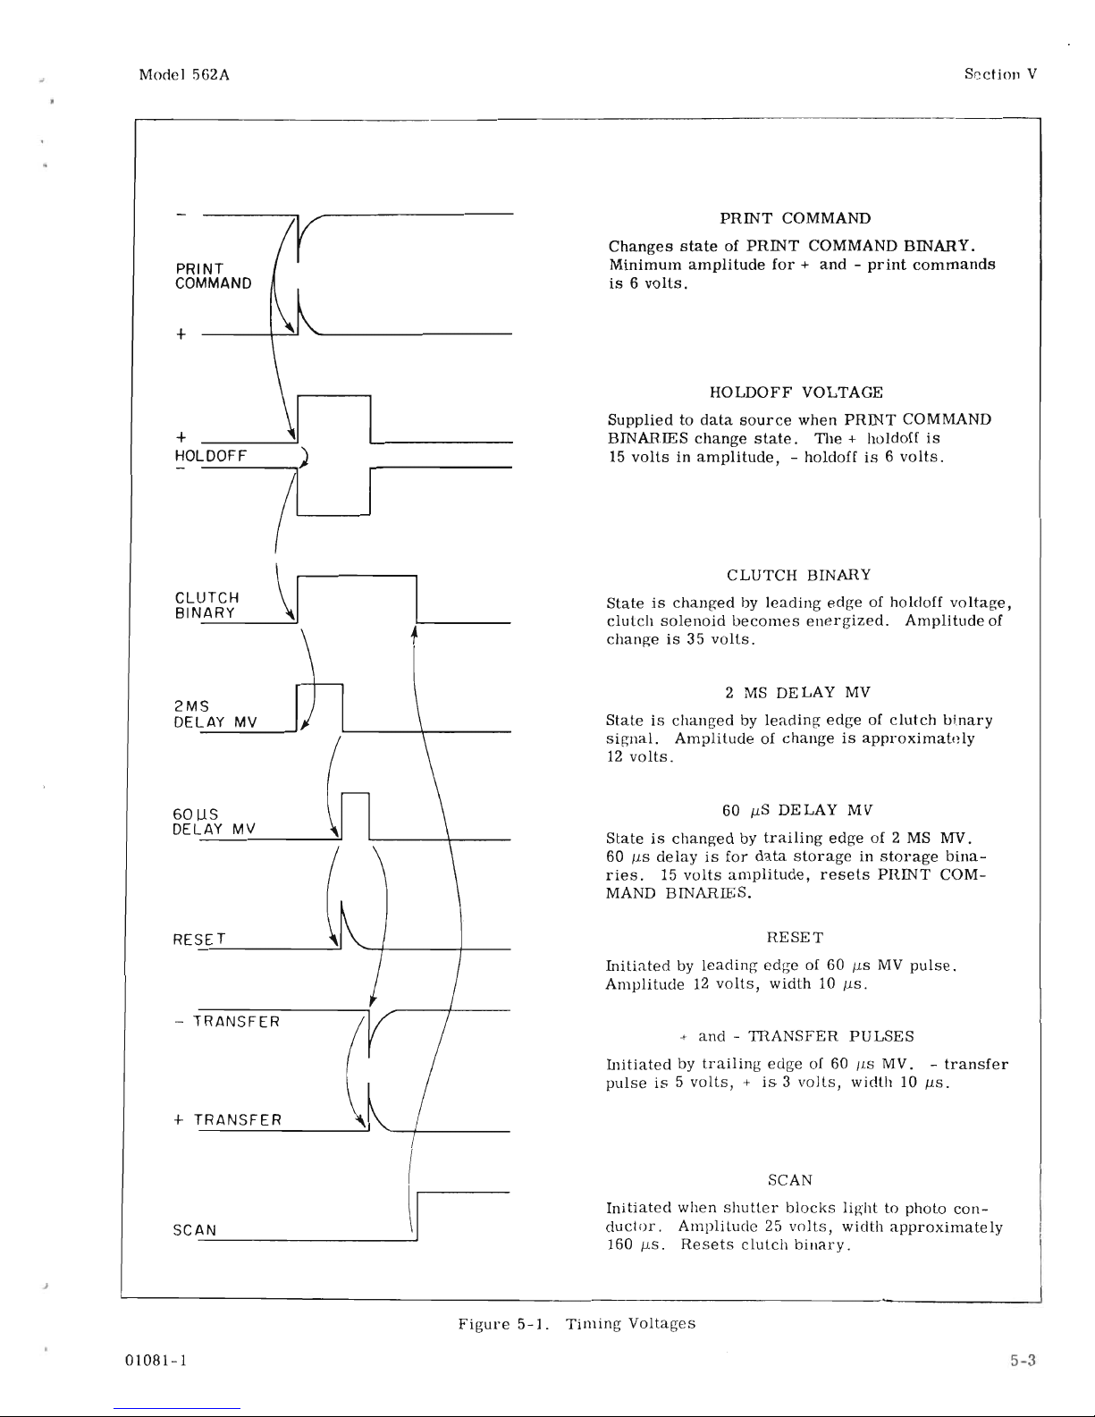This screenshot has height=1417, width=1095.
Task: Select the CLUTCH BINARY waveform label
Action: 206,605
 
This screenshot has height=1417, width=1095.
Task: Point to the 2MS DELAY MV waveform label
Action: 215,714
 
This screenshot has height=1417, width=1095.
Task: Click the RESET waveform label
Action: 199,939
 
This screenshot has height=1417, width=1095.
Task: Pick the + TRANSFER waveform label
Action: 229,1119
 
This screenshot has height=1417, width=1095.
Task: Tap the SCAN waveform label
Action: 194,1229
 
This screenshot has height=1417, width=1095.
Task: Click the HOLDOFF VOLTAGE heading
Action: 796,392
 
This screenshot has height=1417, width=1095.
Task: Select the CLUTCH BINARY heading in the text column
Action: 799,574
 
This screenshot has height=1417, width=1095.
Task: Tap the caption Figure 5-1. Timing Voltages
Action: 577,1323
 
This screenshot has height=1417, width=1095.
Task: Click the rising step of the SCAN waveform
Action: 418,1214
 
